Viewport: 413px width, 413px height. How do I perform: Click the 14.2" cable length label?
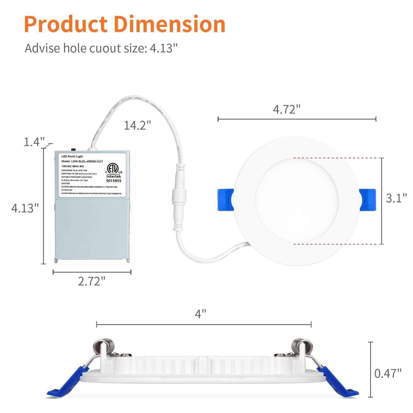pos(137,125)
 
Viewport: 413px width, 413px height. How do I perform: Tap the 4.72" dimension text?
pos(287,109)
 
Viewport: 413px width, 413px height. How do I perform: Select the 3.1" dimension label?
pos(396,198)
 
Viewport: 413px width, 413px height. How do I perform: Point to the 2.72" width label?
pos(92,281)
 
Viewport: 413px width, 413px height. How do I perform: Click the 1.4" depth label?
pos(34,142)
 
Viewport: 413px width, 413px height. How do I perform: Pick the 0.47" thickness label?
pos(388,373)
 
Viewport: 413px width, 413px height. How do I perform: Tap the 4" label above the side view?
pos(200,314)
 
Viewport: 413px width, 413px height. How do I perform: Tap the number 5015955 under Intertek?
pos(114,181)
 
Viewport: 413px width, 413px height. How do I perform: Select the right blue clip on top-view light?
pos(368,200)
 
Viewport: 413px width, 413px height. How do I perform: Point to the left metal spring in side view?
pos(104,347)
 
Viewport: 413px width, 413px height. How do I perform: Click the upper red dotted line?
pos(336,158)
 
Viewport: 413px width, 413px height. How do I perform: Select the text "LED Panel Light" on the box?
pos(72,156)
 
